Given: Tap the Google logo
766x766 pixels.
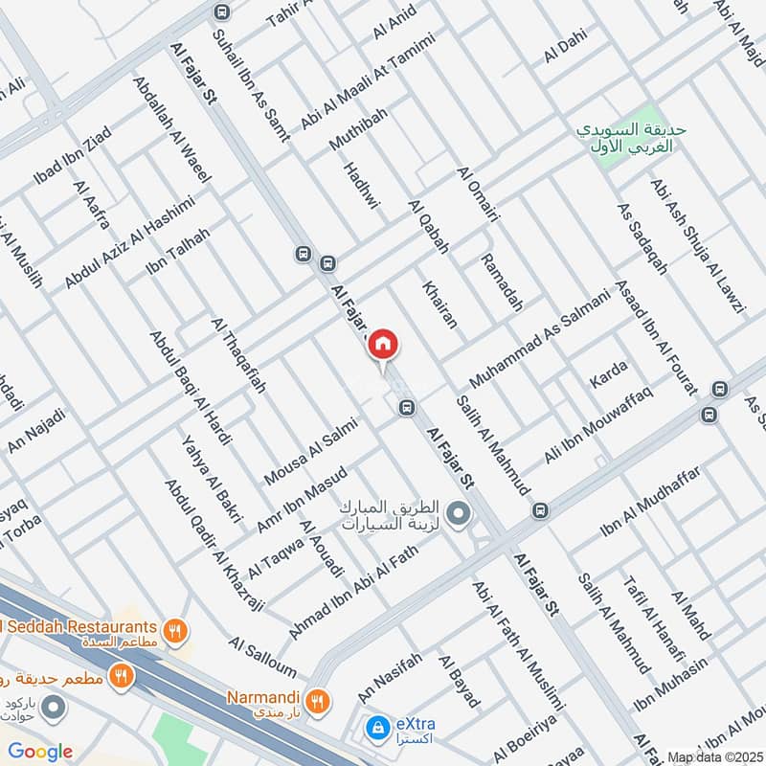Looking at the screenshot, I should [x=40, y=752].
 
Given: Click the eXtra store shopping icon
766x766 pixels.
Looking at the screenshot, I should [x=378, y=727].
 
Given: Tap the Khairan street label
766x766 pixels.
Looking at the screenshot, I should [x=439, y=304].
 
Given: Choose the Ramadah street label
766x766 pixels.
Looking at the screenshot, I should [x=502, y=282].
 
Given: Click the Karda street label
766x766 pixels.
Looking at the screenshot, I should [x=608, y=372].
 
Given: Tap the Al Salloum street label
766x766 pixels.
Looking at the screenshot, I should [x=262, y=655].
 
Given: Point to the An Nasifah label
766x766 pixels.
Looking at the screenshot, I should [x=389, y=675].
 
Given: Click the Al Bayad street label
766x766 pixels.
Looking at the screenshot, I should [x=459, y=682].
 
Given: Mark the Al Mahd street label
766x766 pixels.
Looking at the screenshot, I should [x=690, y=616].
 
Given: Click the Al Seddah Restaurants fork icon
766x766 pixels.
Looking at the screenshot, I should [x=173, y=631].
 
